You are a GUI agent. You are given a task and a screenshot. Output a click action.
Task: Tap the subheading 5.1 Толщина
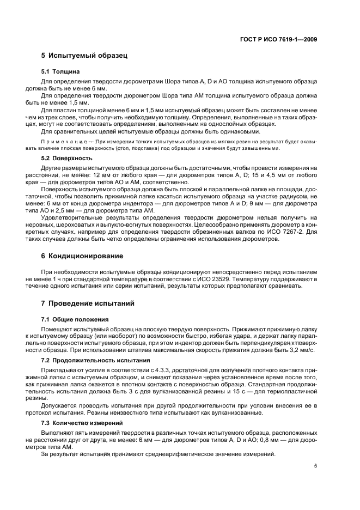(x=60, y=71)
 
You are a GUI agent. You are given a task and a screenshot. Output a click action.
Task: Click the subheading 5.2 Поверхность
(x=65, y=158)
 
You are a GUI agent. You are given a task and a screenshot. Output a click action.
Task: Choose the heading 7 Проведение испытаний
(x=88, y=303)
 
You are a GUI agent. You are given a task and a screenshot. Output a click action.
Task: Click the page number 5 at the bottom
(x=315, y=466)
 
